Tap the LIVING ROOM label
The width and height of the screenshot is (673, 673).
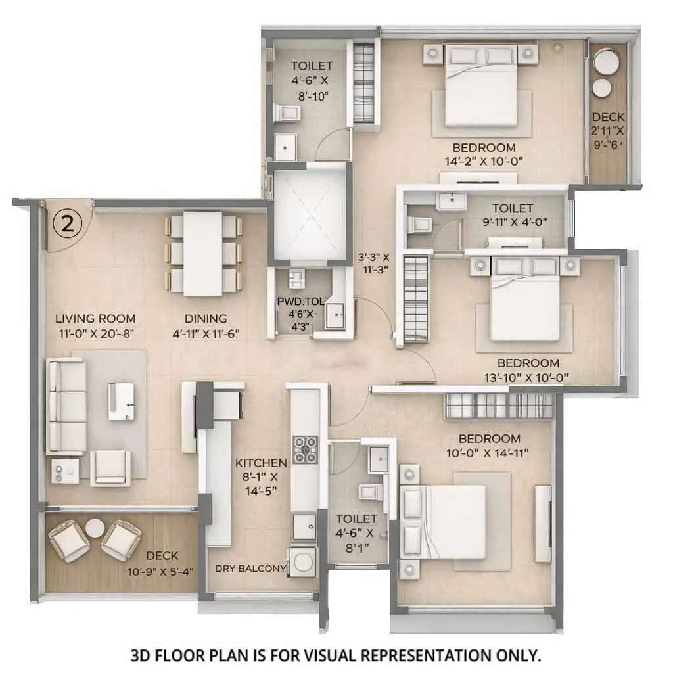point(95,319)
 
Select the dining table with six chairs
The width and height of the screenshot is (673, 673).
point(203,253)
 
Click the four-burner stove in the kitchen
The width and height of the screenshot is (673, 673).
point(305,449)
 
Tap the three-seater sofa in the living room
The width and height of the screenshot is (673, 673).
point(66,407)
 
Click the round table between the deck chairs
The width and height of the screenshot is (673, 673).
point(95,527)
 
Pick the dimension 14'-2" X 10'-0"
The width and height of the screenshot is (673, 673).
point(484,160)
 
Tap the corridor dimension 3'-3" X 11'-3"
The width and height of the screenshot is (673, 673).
point(373,262)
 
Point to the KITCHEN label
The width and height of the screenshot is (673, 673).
point(261,463)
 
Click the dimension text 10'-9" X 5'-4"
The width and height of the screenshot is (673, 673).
point(161,571)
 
